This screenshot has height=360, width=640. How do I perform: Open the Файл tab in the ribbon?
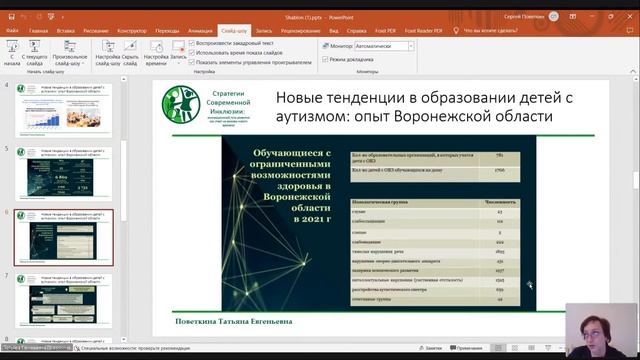12,31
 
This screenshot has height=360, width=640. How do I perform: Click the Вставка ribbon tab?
66,31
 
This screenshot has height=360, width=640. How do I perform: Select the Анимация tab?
200,31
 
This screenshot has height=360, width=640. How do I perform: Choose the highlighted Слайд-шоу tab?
235,31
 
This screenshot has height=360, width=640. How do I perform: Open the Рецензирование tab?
300,31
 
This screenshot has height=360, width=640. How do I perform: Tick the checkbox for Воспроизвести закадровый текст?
191,44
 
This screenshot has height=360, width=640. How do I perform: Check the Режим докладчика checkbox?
326,60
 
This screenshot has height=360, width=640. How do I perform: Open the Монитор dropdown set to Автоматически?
379,46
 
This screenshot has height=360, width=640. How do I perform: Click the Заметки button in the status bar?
431,348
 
